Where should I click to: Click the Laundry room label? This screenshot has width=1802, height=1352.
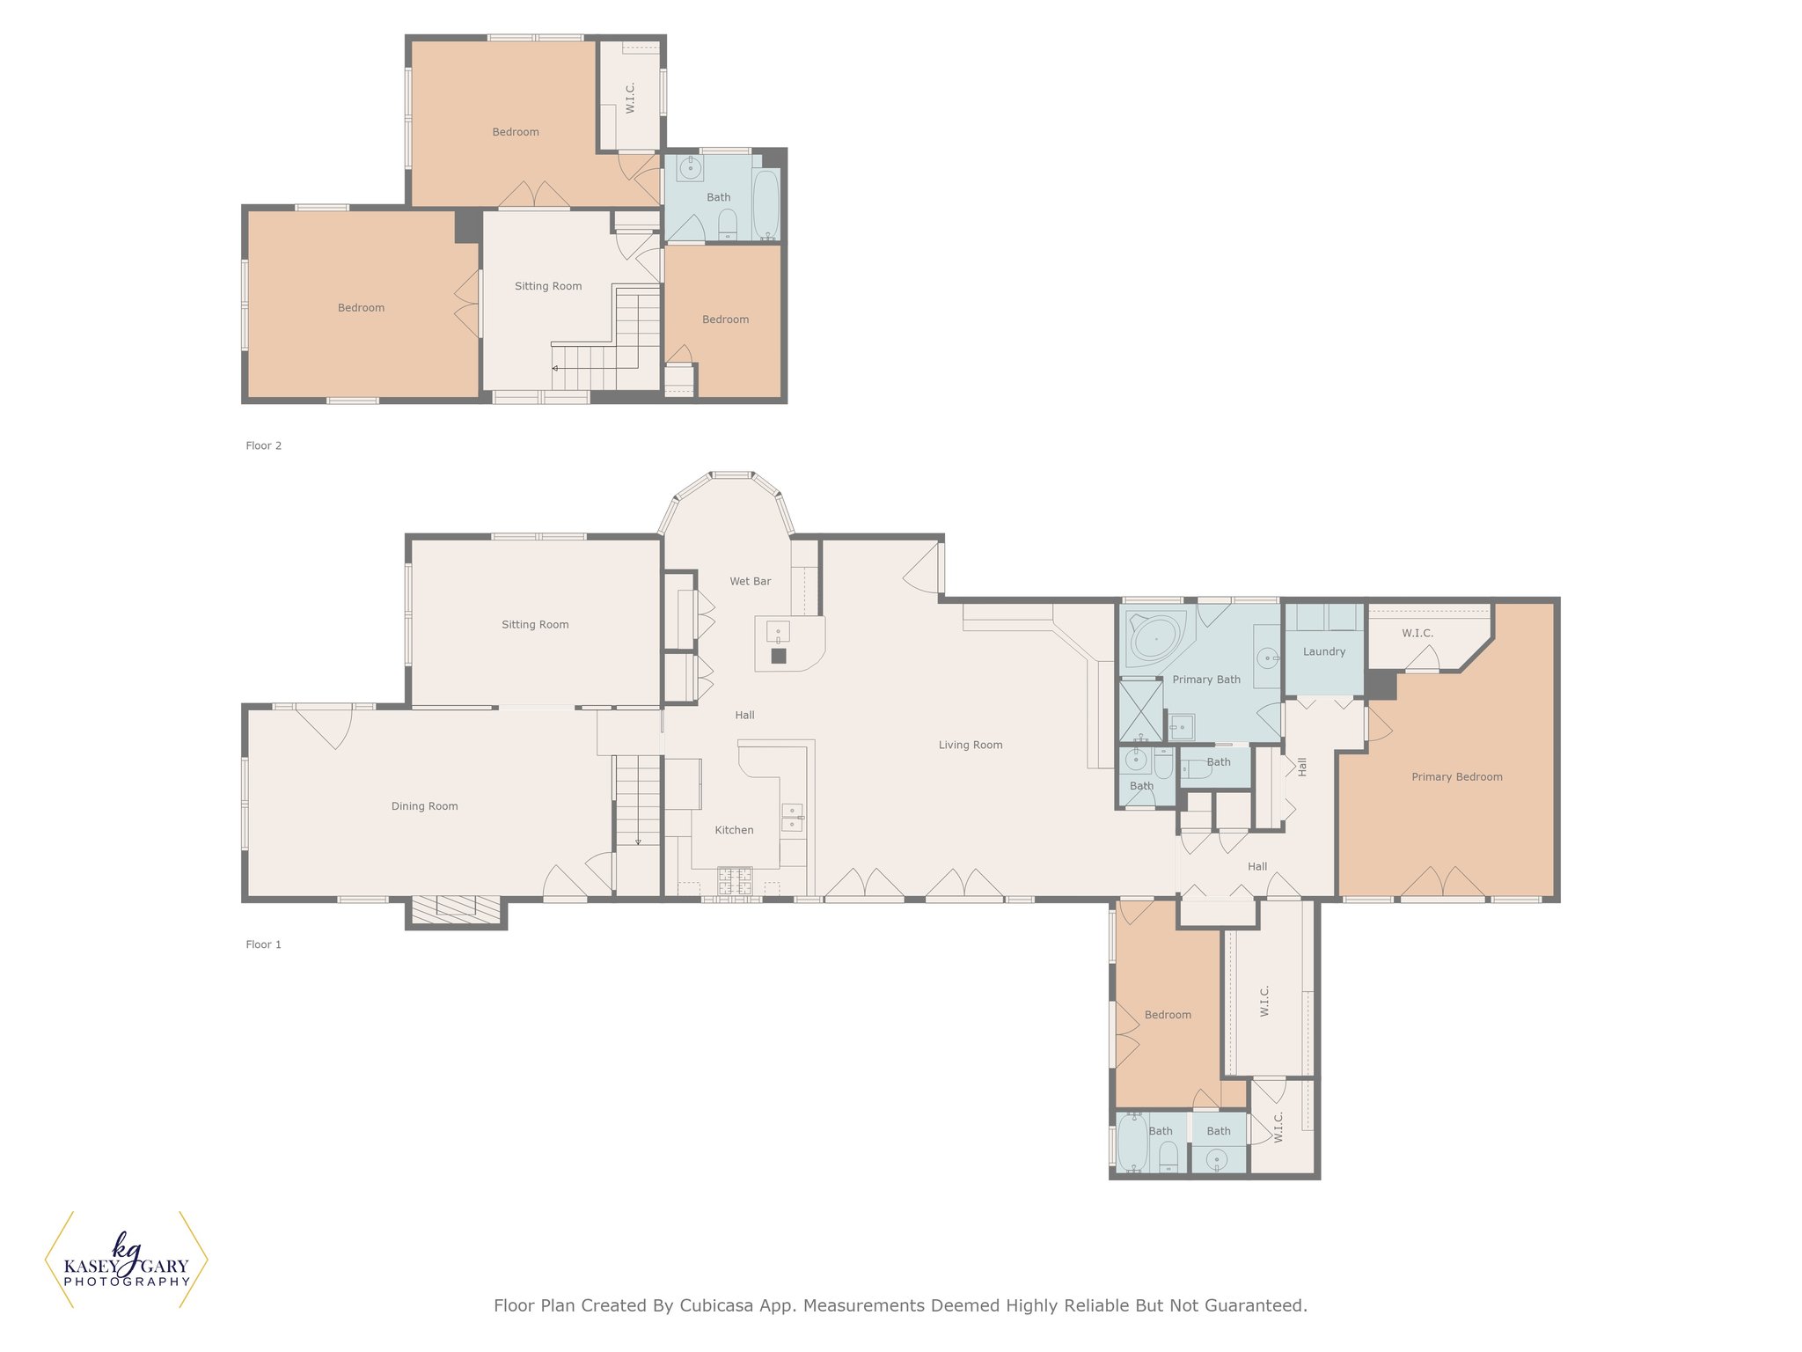[x=1323, y=652]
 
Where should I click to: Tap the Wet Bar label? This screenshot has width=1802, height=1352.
[x=750, y=581]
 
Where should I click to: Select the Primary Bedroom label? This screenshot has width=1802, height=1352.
[x=1456, y=777]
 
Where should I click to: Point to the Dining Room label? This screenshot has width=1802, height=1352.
[x=424, y=806]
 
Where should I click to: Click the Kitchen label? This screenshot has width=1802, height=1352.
[x=734, y=830]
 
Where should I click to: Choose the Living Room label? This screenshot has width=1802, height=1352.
[x=970, y=745]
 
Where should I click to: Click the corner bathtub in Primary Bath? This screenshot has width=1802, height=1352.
[x=1154, y=638]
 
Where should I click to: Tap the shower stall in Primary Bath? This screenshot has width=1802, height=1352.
[x=1140, y=710]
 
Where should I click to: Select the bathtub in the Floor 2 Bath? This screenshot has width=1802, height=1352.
[x=765, y=205]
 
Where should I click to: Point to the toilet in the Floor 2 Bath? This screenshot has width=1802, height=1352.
[x=728, y=225]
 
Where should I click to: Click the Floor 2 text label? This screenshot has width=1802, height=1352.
[x=263, y=445]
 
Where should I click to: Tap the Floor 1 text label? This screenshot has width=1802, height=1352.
[x=263, y=944]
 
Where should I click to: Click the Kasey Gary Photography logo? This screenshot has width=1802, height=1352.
[x=127, y=1260]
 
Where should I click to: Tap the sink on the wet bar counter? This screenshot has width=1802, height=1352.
[x=778, y=632]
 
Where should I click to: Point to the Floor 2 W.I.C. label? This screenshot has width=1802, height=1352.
[x=630, y=99]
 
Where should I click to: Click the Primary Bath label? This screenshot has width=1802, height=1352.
[x=1206, y=680]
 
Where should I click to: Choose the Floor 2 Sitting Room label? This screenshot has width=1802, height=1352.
[x=548, y=286]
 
